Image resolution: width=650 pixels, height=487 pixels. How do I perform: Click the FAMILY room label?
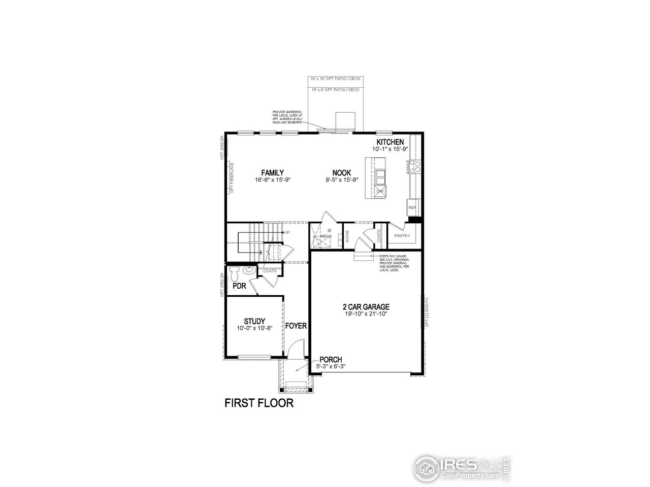point(273,172)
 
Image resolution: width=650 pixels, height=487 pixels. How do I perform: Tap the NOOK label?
point(342,172)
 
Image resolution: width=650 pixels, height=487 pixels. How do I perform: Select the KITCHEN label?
point(390,142)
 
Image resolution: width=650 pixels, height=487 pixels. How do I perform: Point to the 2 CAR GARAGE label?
point(366,307)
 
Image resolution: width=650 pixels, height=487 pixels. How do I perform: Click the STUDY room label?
point(254,321)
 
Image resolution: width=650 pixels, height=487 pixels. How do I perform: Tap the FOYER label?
point(296,326)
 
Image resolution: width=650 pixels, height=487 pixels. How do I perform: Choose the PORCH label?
point(331,360)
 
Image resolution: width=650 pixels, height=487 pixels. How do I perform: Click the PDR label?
point(239,286)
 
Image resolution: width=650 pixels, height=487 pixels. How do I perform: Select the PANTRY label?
point(402,236)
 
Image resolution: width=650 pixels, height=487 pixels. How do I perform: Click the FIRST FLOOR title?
point(259,404)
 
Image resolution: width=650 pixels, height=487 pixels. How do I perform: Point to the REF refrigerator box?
point(411,207)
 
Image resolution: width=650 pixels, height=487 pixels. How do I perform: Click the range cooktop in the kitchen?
point(416,166)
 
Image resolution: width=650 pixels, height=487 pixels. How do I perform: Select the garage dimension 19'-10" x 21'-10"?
point(366,314)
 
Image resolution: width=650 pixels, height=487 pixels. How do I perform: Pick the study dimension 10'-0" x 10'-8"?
point(254,328)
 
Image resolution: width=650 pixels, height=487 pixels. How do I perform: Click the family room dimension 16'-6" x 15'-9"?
point(273,180)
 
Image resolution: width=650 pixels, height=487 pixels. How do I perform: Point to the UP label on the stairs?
point(287,232)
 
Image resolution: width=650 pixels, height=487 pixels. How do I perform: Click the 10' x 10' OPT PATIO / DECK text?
point(336,79)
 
